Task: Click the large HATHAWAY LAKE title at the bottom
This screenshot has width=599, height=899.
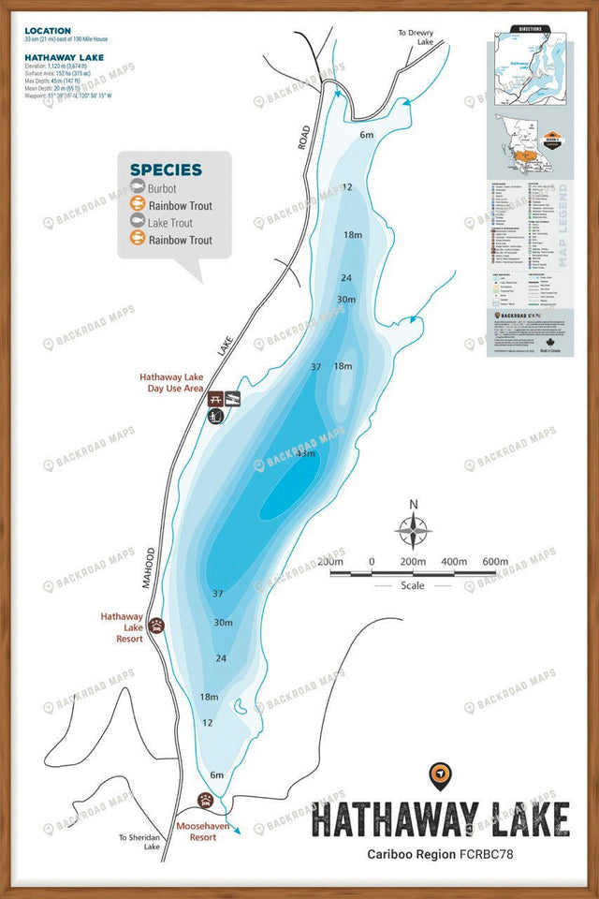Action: point(440,819)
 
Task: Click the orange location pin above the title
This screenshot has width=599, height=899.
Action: point(440,774)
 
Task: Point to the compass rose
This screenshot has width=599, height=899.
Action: point(413,531)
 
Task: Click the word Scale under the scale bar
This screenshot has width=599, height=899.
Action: point(412,585)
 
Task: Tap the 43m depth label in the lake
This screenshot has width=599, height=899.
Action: point(305,453)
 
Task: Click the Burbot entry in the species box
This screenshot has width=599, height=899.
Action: point(161,189)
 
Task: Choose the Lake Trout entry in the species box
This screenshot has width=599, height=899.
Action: point(170,223)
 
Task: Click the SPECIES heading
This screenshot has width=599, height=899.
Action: point(166,169)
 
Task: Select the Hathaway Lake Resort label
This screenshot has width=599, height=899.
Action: point(122,627)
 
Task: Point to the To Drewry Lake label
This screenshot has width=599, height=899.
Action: point(416,37)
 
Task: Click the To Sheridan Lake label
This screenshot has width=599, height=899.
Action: point(139,842)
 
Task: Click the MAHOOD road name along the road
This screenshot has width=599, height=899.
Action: point(148,566)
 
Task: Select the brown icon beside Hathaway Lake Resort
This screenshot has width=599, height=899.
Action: point(155,625)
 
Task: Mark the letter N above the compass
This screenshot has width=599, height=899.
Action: point(413,505)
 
